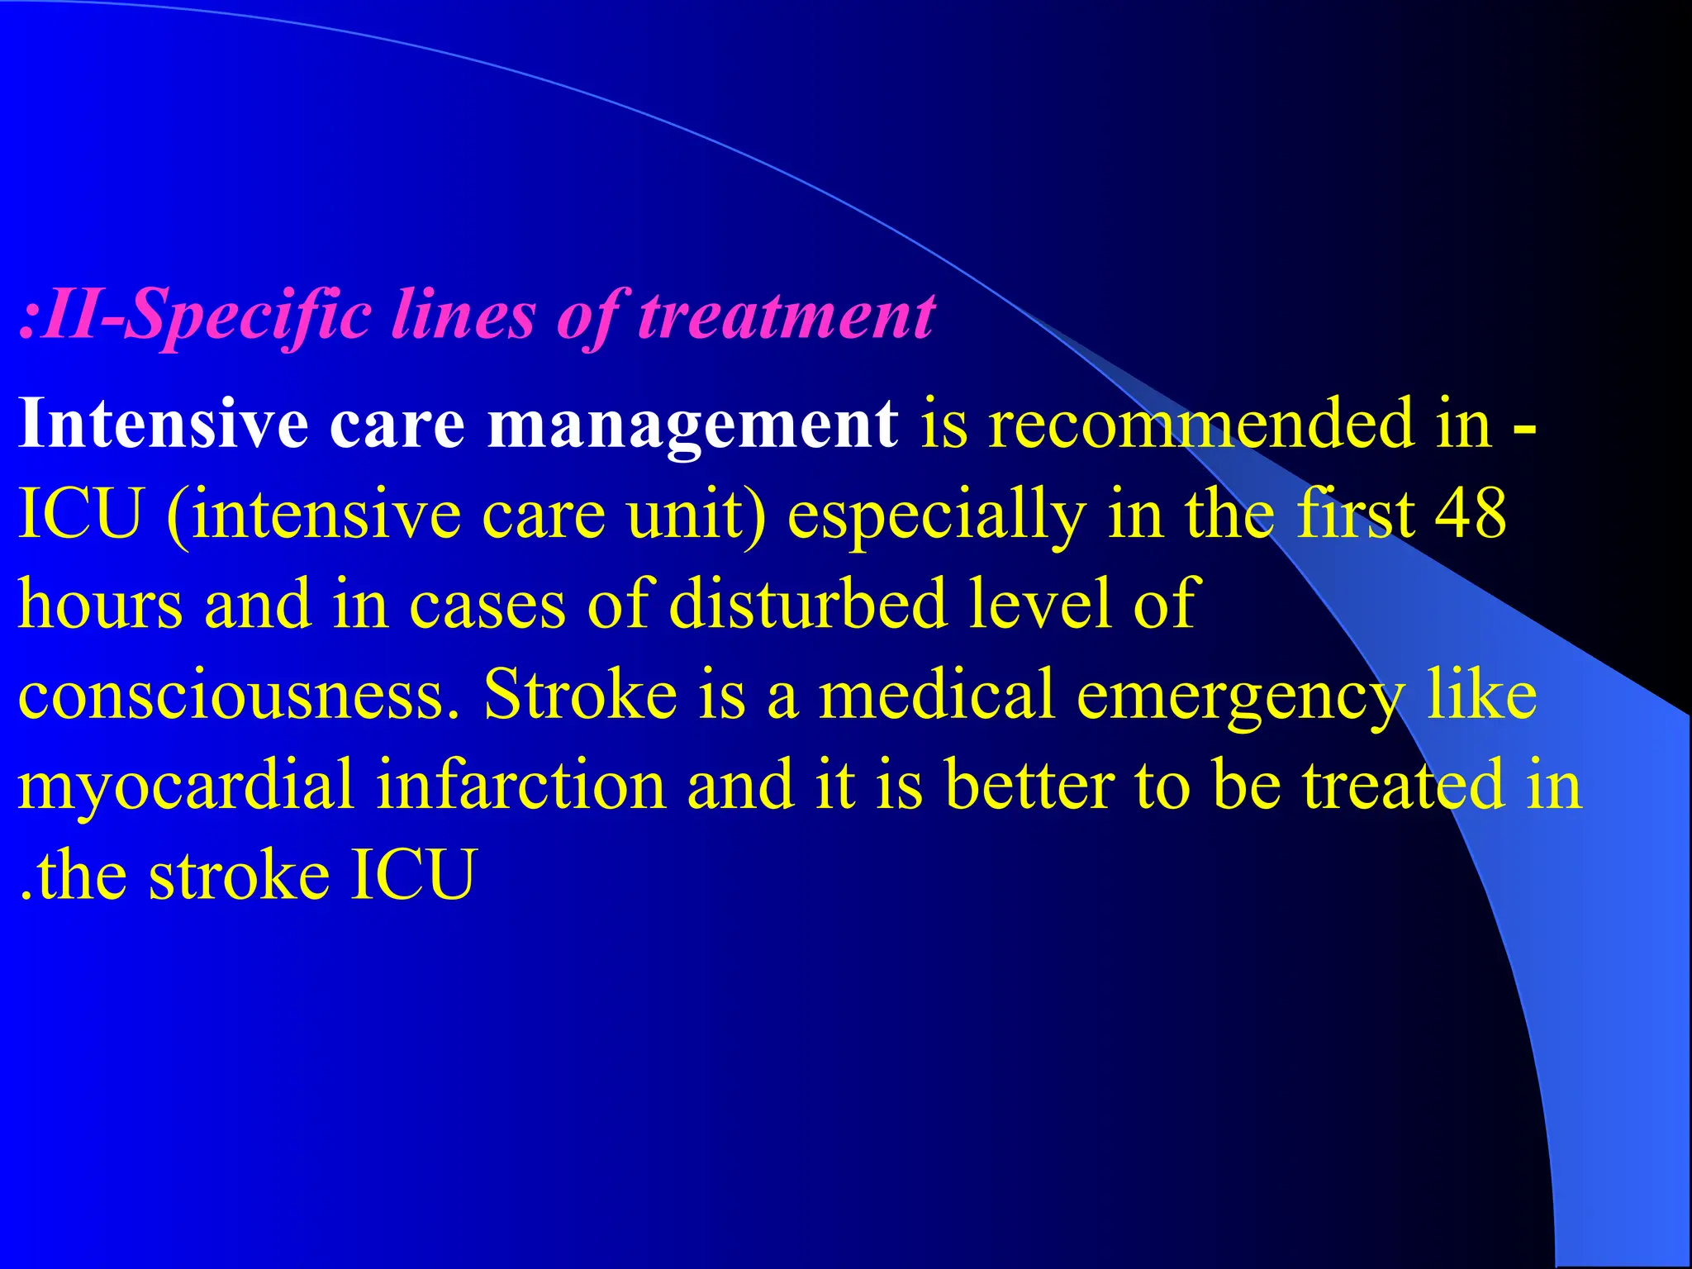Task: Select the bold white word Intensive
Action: pos(164,423)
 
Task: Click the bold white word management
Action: pos(692,425)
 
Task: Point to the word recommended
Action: pos(1201,423)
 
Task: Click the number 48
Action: pos(1471,514)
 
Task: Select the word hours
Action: pos(100,604)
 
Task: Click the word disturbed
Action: pos(807,604)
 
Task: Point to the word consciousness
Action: pos(235,694)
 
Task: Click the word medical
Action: pos(936,694)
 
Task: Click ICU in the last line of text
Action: pos(413,875)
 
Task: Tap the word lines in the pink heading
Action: pos(463,316)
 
